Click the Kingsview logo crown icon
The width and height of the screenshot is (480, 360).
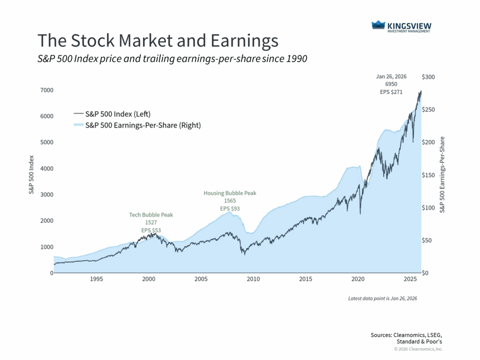point(379,25)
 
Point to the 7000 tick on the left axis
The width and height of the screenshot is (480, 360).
point(46,90)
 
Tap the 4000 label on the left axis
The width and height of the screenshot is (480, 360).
point(46,168)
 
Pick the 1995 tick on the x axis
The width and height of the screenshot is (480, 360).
point(96,279)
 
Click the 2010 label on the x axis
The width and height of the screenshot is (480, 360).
point(253,279)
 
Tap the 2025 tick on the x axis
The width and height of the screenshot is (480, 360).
point(410,279)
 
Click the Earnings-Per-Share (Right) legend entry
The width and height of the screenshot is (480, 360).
point(143,125)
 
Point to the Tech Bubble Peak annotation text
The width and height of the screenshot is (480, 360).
point(151,215)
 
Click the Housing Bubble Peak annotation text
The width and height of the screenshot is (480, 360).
point(230,193)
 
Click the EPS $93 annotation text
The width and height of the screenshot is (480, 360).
point(230,209)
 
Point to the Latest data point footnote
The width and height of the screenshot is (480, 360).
point(382,298)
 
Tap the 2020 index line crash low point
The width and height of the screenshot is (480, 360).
point(360,214)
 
